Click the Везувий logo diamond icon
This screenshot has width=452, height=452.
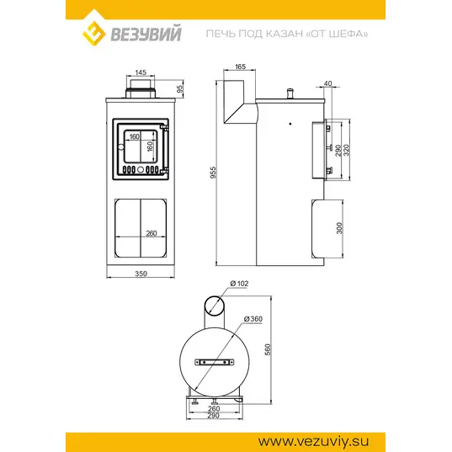94,33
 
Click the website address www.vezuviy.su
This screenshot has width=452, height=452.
313,442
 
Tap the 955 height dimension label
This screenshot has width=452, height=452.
213,173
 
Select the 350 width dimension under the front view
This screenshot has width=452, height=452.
141,274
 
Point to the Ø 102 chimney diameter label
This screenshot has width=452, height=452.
239,284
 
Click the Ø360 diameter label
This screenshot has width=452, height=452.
253,319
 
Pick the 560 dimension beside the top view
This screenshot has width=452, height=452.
268,349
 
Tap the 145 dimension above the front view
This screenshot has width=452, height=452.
141,72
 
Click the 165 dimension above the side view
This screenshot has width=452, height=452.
240,66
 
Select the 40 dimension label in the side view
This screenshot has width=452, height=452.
328,83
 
